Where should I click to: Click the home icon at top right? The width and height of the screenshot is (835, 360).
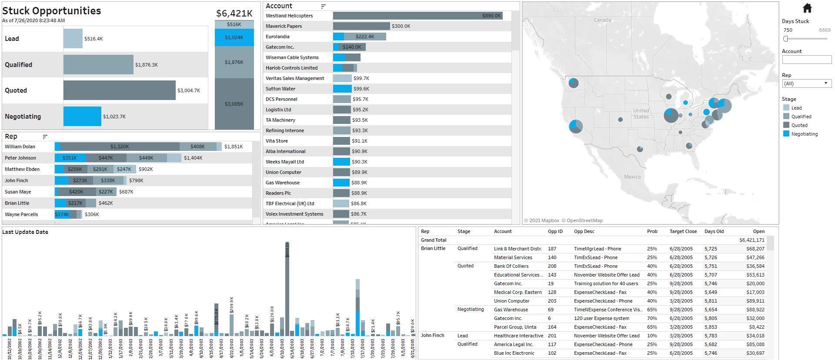point(807,8)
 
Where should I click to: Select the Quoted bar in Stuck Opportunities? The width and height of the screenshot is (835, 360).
point(119,90)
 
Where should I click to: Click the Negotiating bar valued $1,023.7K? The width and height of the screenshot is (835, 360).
point(82,117)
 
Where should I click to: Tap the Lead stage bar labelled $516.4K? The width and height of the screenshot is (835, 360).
point(73,39)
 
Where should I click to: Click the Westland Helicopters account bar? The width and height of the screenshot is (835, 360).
point(417,16)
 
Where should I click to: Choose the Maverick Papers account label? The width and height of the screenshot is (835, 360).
point(284,26)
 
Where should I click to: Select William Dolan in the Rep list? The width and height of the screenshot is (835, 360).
point(20,147)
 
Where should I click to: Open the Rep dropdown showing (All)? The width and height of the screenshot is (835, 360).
point(806,83)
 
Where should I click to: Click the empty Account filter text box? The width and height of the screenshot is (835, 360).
point(806,60)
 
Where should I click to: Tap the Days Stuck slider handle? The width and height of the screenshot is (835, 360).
point(785,39)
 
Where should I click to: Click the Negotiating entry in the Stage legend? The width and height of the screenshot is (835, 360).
point(804,134)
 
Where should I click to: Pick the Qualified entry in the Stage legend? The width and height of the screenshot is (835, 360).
point(801,117)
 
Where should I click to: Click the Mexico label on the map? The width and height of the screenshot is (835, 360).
point(632,177)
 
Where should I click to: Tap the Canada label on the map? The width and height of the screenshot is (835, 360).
point(602,20)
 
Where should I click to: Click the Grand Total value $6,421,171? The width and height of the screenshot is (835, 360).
point(751,240)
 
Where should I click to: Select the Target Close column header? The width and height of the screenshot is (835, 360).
point(683,231)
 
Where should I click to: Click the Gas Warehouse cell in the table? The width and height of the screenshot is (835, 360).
point(511,310)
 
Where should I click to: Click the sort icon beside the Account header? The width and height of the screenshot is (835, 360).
point(323,6)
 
